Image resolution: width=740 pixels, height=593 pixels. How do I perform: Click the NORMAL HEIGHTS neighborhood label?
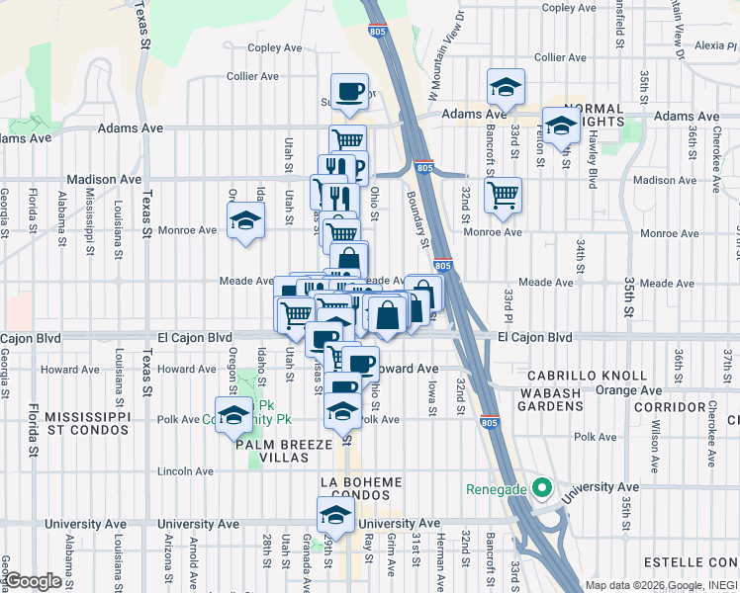(594, 115)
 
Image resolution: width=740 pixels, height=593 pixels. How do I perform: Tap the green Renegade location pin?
(541, 487)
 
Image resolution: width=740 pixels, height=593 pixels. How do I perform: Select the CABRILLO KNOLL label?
(587, 376)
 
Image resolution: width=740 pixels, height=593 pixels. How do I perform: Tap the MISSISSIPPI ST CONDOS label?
(87, 423)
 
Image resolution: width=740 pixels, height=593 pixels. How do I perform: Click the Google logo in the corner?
(35, 581)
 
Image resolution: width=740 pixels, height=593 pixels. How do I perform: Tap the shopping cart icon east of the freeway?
(503, 193)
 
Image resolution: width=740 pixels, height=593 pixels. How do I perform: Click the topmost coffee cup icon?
(348, 93)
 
